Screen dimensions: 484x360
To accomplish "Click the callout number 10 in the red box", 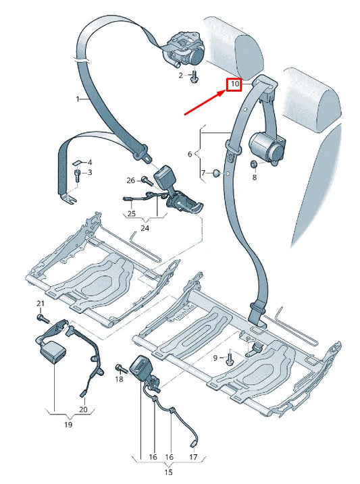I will pos(234,85).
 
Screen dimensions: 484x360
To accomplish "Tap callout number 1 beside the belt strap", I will pos(77,99).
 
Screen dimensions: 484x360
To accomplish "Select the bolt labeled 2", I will pos(194,76).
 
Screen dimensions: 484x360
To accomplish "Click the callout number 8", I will pos(255,178).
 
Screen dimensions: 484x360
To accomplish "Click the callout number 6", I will pos(190,154).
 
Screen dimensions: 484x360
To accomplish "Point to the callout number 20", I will pos(83,409).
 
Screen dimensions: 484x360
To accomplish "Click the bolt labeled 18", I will pos(121,368).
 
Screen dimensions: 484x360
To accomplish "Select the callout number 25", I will pos(132,213).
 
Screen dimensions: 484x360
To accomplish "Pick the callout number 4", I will pos(90,163).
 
